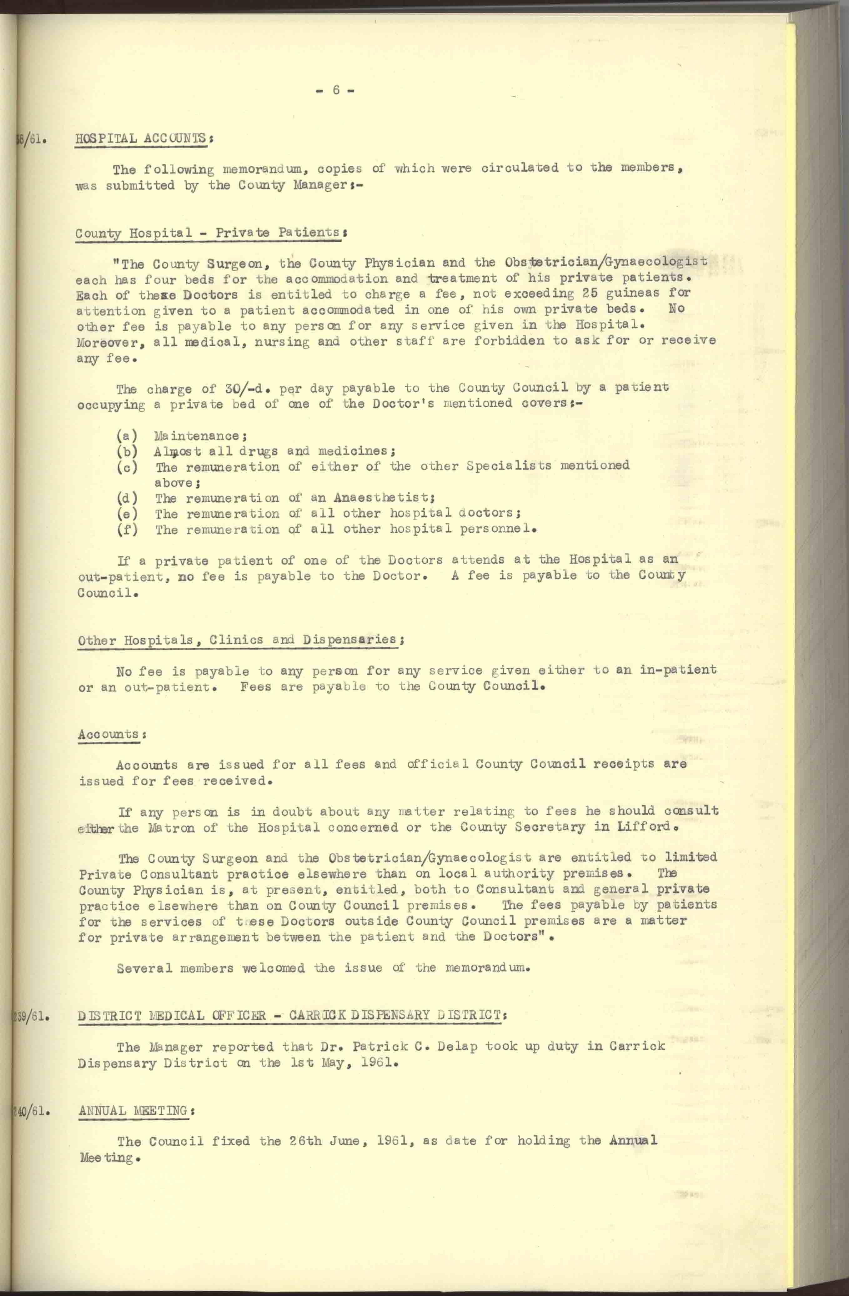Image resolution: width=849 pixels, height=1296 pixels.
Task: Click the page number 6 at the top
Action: pyautogui.click(x=335, y=90)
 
